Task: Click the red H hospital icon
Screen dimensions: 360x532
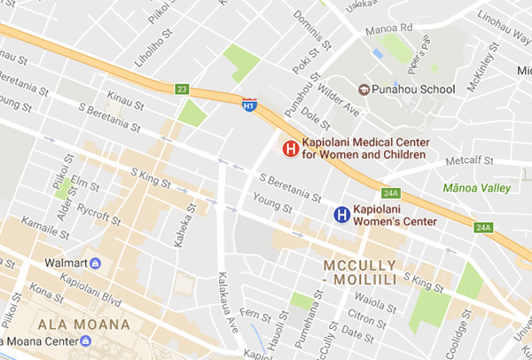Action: coord(289,149)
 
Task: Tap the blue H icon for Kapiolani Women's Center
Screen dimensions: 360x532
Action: coord(340,214)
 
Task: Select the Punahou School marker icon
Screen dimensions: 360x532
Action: coord(363,89)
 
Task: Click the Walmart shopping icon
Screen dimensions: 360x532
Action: coord(95,263)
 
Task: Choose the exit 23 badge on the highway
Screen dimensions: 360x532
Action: coord(182,89)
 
